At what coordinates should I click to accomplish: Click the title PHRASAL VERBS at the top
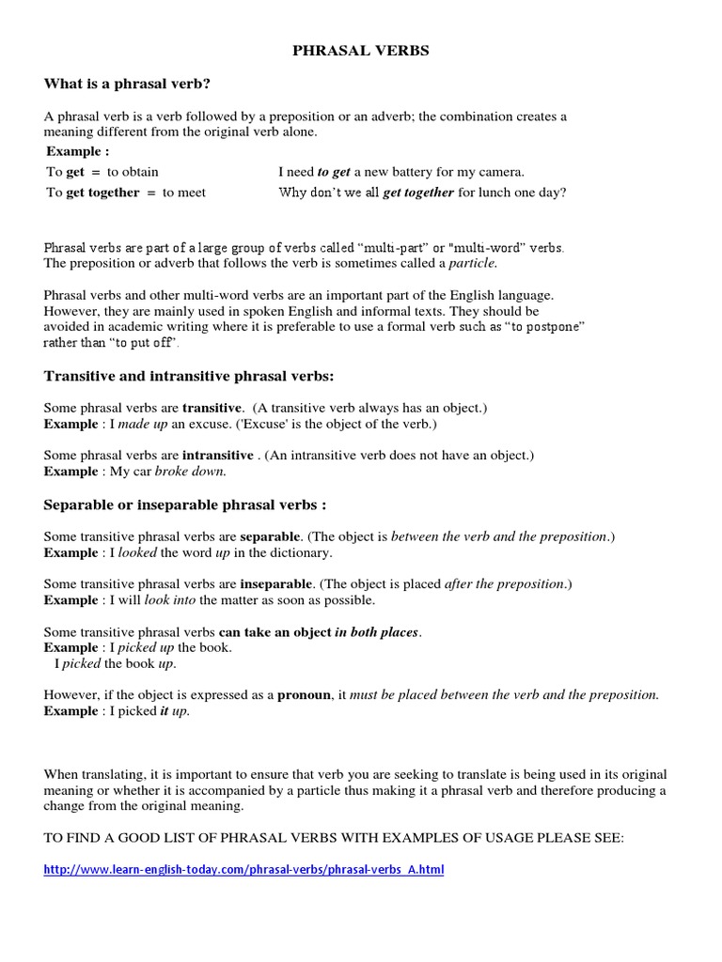361,51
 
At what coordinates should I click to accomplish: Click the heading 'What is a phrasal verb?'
127,84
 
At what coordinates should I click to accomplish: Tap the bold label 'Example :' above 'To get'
78,151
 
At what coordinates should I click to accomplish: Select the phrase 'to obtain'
133,172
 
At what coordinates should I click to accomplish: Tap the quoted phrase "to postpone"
545,326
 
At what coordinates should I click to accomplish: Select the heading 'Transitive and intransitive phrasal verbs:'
189,377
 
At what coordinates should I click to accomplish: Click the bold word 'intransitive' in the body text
217,456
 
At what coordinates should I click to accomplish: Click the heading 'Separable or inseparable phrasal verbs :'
185,504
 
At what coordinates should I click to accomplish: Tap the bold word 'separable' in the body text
270,536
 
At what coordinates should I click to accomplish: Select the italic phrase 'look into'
169,599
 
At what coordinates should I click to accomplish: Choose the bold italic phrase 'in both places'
377,632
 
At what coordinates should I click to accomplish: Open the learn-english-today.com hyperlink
244,870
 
